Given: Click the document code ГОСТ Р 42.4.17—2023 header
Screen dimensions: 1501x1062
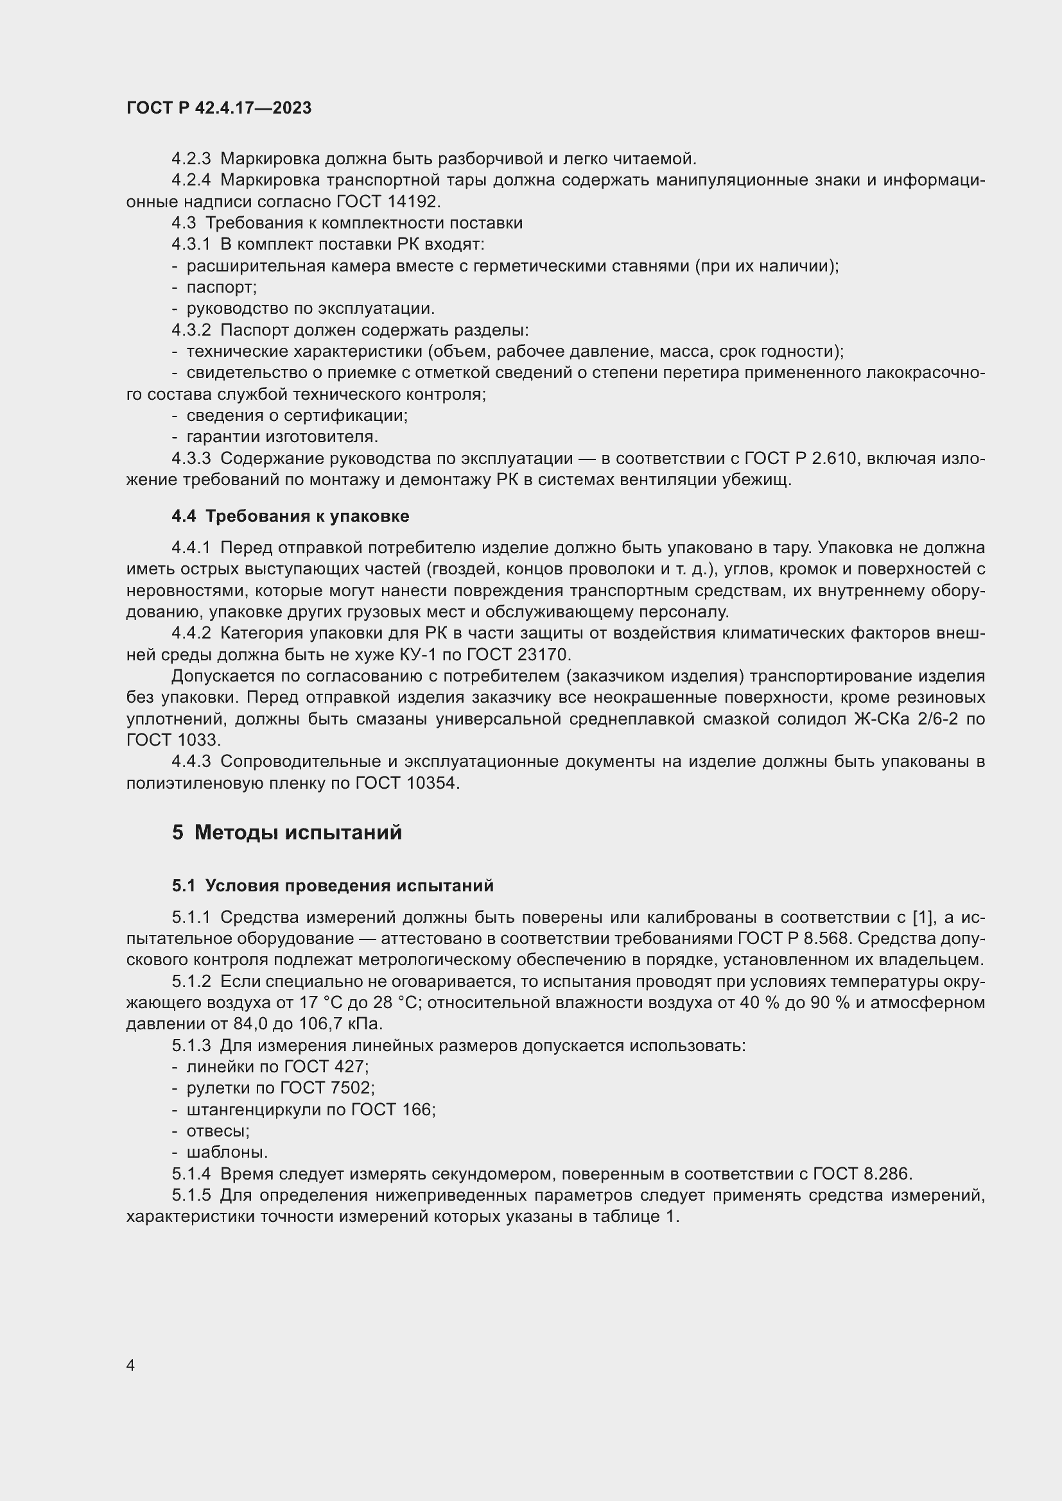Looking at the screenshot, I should [x=218, y=108].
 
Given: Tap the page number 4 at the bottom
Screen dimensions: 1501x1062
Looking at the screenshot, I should [x=130, y=1366].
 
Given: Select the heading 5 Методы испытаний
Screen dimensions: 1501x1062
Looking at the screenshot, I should [x=287, y=832].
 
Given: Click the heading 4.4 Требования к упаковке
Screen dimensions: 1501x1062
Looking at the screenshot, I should [x=290, y=516].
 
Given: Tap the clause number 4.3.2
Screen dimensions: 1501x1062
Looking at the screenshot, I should [x=191, y=330].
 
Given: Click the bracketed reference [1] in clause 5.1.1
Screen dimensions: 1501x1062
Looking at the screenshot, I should [x=922, y=917].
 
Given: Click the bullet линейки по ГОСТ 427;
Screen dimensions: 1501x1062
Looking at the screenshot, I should [x=277, y=1067].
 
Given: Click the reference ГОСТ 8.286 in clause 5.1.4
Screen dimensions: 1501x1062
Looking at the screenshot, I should [x=861, y=1174].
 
